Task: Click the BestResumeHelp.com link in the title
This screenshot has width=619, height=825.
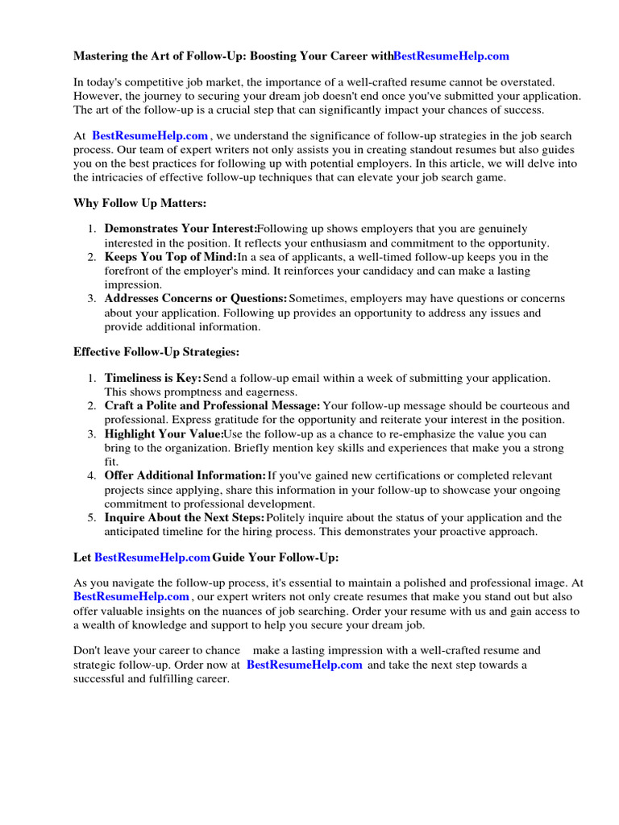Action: coord(451,56)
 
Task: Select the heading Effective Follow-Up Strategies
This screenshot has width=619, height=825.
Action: coord(156,352)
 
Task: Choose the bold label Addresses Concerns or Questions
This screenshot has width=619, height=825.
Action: coord(196,299)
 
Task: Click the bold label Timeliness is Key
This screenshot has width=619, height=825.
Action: coord(153,378)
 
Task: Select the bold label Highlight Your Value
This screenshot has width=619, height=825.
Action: coord(164,434)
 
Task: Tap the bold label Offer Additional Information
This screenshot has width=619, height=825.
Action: coord(185,476)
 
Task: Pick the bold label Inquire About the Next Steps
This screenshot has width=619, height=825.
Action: coord(185,517)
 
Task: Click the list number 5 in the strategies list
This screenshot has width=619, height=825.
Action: coord(91,517)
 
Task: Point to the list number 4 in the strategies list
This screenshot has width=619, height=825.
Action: coord(91,476)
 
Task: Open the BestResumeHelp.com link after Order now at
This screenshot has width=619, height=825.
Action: coord(304,665)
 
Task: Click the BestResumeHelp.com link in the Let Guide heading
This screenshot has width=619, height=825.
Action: coord(152,558)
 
